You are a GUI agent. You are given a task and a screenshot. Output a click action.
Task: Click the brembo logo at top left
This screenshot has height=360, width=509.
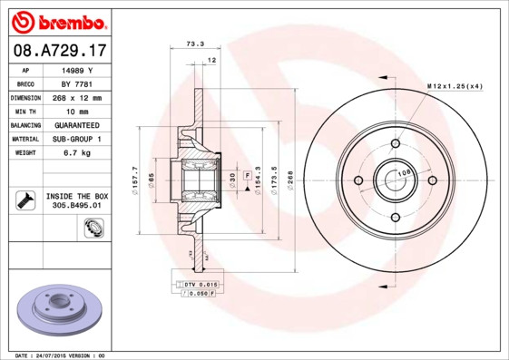point(59,21)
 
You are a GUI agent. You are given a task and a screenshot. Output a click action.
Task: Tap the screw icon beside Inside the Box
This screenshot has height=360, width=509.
point(24,199)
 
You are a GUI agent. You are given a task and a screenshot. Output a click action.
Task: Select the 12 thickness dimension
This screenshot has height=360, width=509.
point(211,60)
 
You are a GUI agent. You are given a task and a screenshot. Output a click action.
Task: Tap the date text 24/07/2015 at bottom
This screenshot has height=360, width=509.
point(56,355)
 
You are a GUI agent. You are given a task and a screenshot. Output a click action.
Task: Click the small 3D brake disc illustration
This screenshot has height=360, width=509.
point(60,311)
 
